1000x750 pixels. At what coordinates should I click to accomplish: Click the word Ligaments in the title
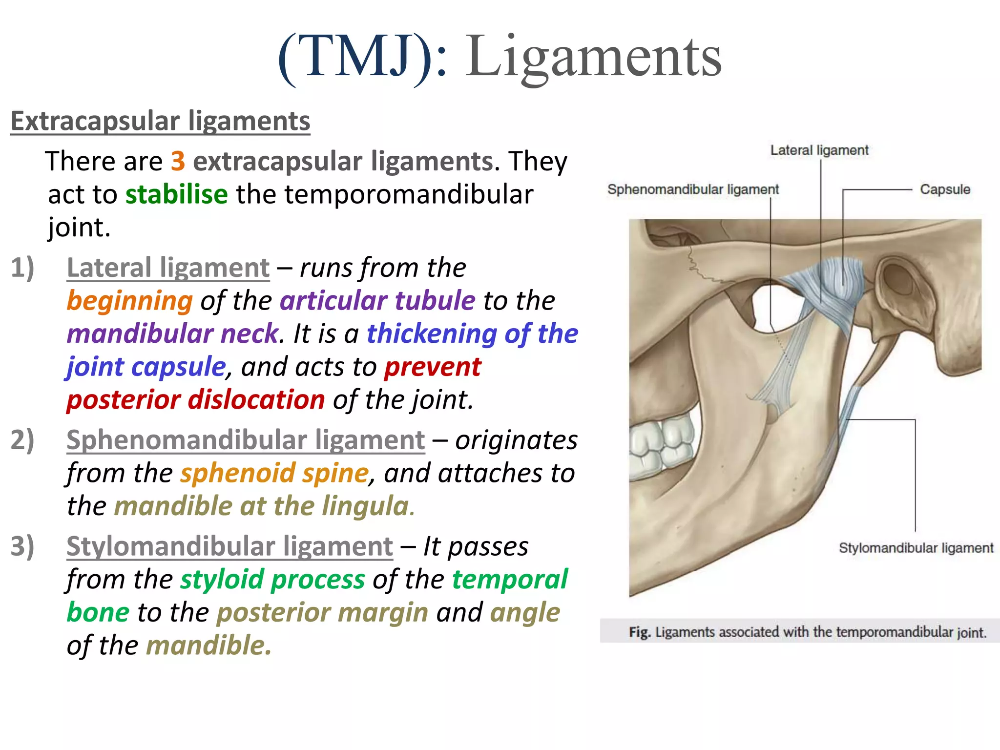tap(593, 58)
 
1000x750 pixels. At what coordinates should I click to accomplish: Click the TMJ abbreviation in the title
tap(355, 58)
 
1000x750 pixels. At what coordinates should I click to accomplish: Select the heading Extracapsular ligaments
tap(160, 121)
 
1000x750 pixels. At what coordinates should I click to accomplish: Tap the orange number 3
tap(178, 161)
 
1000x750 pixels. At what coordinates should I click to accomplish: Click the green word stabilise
tap(176, 194)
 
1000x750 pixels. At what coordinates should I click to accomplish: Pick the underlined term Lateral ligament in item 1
tap(168, 268)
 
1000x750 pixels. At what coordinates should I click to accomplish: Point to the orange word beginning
tap(130, 301)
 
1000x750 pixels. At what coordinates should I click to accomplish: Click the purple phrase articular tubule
tap(377, 301)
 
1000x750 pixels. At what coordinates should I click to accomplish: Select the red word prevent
tap(432, 367)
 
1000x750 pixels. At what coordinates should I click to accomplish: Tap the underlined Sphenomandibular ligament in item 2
tap(246, 440)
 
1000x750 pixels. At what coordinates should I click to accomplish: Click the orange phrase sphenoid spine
tap(274, 473)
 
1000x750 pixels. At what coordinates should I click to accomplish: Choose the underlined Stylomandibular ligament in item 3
tap(229, 546)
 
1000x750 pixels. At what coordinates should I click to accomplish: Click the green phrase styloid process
tap(272, 580)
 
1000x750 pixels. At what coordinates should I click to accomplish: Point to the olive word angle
tap(525, 613)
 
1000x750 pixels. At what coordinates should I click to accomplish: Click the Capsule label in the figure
tap(945, 189)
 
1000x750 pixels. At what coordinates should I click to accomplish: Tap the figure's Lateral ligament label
tap(819, 150)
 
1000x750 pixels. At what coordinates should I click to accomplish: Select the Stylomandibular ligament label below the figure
tap(916, 548)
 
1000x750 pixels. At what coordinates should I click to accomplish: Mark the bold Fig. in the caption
tap(639, 632)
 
